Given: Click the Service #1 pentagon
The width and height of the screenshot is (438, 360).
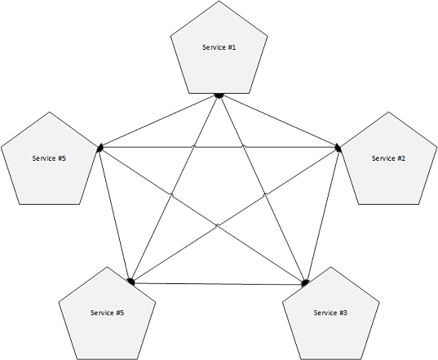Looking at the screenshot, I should [219, 57].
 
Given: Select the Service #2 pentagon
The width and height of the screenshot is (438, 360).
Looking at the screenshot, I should [388, 167].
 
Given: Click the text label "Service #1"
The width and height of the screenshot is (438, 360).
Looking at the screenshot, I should [219, 47].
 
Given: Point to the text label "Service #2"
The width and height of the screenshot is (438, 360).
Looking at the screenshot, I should [388, 158].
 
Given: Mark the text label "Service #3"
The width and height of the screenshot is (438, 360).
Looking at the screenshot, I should [331, 313].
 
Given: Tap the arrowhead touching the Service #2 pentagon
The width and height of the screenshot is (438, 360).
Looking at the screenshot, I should [338, 148].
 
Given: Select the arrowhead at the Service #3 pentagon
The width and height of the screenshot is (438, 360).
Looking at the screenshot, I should [305, 283].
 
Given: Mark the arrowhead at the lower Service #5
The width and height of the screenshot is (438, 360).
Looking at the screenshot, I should [131, 282].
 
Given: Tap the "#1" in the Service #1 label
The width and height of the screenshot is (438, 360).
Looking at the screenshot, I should [231, 47].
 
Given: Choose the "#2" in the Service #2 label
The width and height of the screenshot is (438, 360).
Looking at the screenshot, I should [400, 158].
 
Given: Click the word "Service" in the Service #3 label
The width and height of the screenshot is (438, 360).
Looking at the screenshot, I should [325, 313].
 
